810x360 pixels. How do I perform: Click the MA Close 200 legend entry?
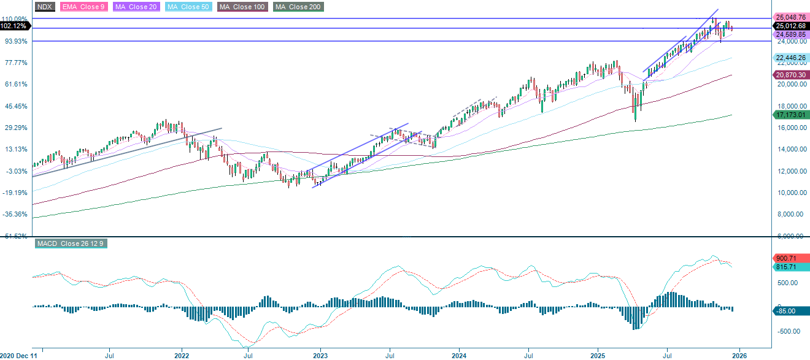(298, 7)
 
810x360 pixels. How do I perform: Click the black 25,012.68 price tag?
(790, 26)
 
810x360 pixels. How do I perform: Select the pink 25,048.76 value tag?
(790, 17)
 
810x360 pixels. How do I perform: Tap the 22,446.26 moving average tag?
(790, 58)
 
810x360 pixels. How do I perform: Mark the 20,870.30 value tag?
(790, 74)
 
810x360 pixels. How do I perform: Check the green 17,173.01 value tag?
(790, 115)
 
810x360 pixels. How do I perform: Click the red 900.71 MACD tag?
(790, 259)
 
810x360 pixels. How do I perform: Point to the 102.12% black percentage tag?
(14, 26)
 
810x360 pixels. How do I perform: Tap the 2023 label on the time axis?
(320, 354)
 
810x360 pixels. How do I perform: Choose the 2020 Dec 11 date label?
(18, 354)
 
